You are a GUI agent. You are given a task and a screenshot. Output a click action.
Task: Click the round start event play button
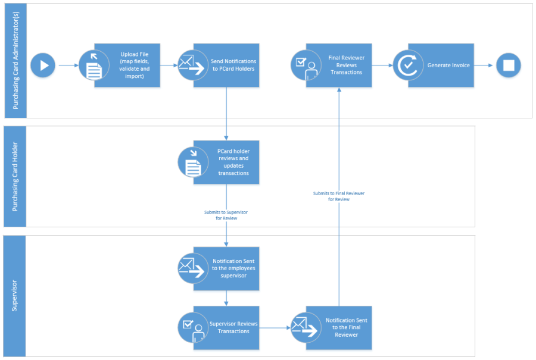point(43,65)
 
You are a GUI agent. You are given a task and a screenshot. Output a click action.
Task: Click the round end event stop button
point(509,65)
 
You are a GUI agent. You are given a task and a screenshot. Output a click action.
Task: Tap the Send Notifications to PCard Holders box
point(232,65)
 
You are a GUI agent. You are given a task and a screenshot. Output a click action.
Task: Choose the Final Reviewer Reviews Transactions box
point(346,65)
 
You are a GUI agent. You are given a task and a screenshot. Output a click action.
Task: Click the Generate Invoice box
point(447,65)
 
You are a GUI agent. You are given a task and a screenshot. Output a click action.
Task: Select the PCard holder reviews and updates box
point(232,162)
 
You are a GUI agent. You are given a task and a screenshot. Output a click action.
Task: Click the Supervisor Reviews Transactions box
point(233,328)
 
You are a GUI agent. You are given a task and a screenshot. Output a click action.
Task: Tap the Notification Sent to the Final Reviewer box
point(346,328)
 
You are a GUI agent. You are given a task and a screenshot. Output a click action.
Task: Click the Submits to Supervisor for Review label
point(226,215)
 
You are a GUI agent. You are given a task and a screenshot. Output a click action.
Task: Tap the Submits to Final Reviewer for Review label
point(339,196)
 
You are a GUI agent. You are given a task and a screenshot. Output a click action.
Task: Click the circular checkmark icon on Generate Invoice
point(408,65)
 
